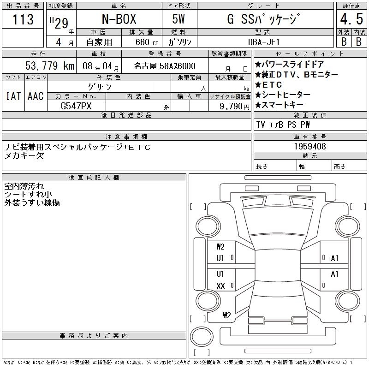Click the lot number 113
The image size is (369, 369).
[x=23, y=19]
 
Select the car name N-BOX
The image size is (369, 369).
[x=119, y=19]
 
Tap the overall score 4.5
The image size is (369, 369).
[x=351, y=19]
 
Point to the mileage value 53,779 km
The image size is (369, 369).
[x=50, y=65]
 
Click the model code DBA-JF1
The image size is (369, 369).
[x=264, y=42]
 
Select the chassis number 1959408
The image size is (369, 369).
[x=310, y=146]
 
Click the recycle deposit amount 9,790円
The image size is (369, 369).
[x=234, y=107]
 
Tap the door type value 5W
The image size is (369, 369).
[x=179, y=19]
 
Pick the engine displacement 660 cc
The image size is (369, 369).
[x=147, y=42]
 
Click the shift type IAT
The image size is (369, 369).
[x=13, y=96]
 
